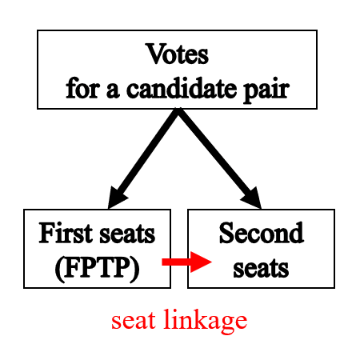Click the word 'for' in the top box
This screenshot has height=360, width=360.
[x=81, y=86]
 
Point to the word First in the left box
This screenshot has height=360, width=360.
[x=65, y=234]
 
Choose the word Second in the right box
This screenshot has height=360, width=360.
[x=261, y=234]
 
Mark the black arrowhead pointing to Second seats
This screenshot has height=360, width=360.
[x=251, y=197]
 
